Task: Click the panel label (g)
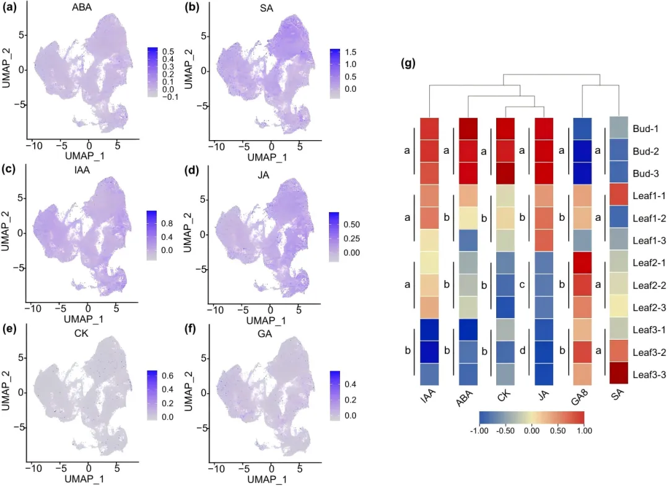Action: [409, 63]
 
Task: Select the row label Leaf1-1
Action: [649, 196]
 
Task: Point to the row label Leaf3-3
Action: [649, 374]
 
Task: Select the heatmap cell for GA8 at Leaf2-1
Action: [584, 263]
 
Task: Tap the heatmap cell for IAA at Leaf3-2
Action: [430, 352]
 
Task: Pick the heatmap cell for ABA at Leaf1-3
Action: [468, 241]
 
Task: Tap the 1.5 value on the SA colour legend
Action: [351, 52]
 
